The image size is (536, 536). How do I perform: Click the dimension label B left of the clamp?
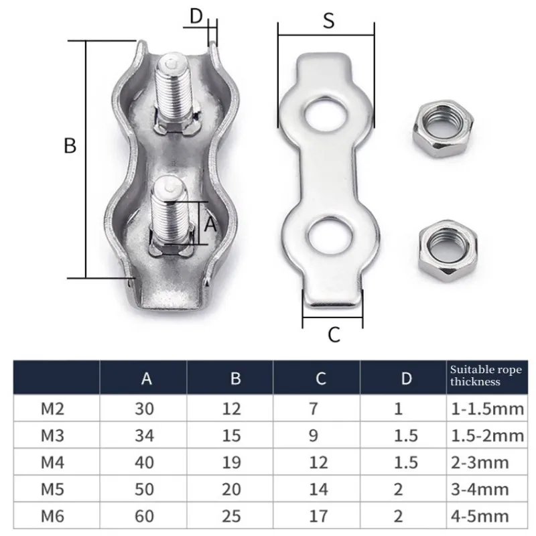(x=70, y=146)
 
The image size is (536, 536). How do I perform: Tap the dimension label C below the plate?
(x=334, y=334)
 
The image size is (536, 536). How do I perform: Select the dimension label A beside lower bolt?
(x=210, y=225)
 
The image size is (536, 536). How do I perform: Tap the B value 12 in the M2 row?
(x=231, y=408)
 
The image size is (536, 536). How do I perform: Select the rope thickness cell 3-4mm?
(x=479, y=489)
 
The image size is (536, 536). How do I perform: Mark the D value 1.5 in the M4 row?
(x=407, y=462)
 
